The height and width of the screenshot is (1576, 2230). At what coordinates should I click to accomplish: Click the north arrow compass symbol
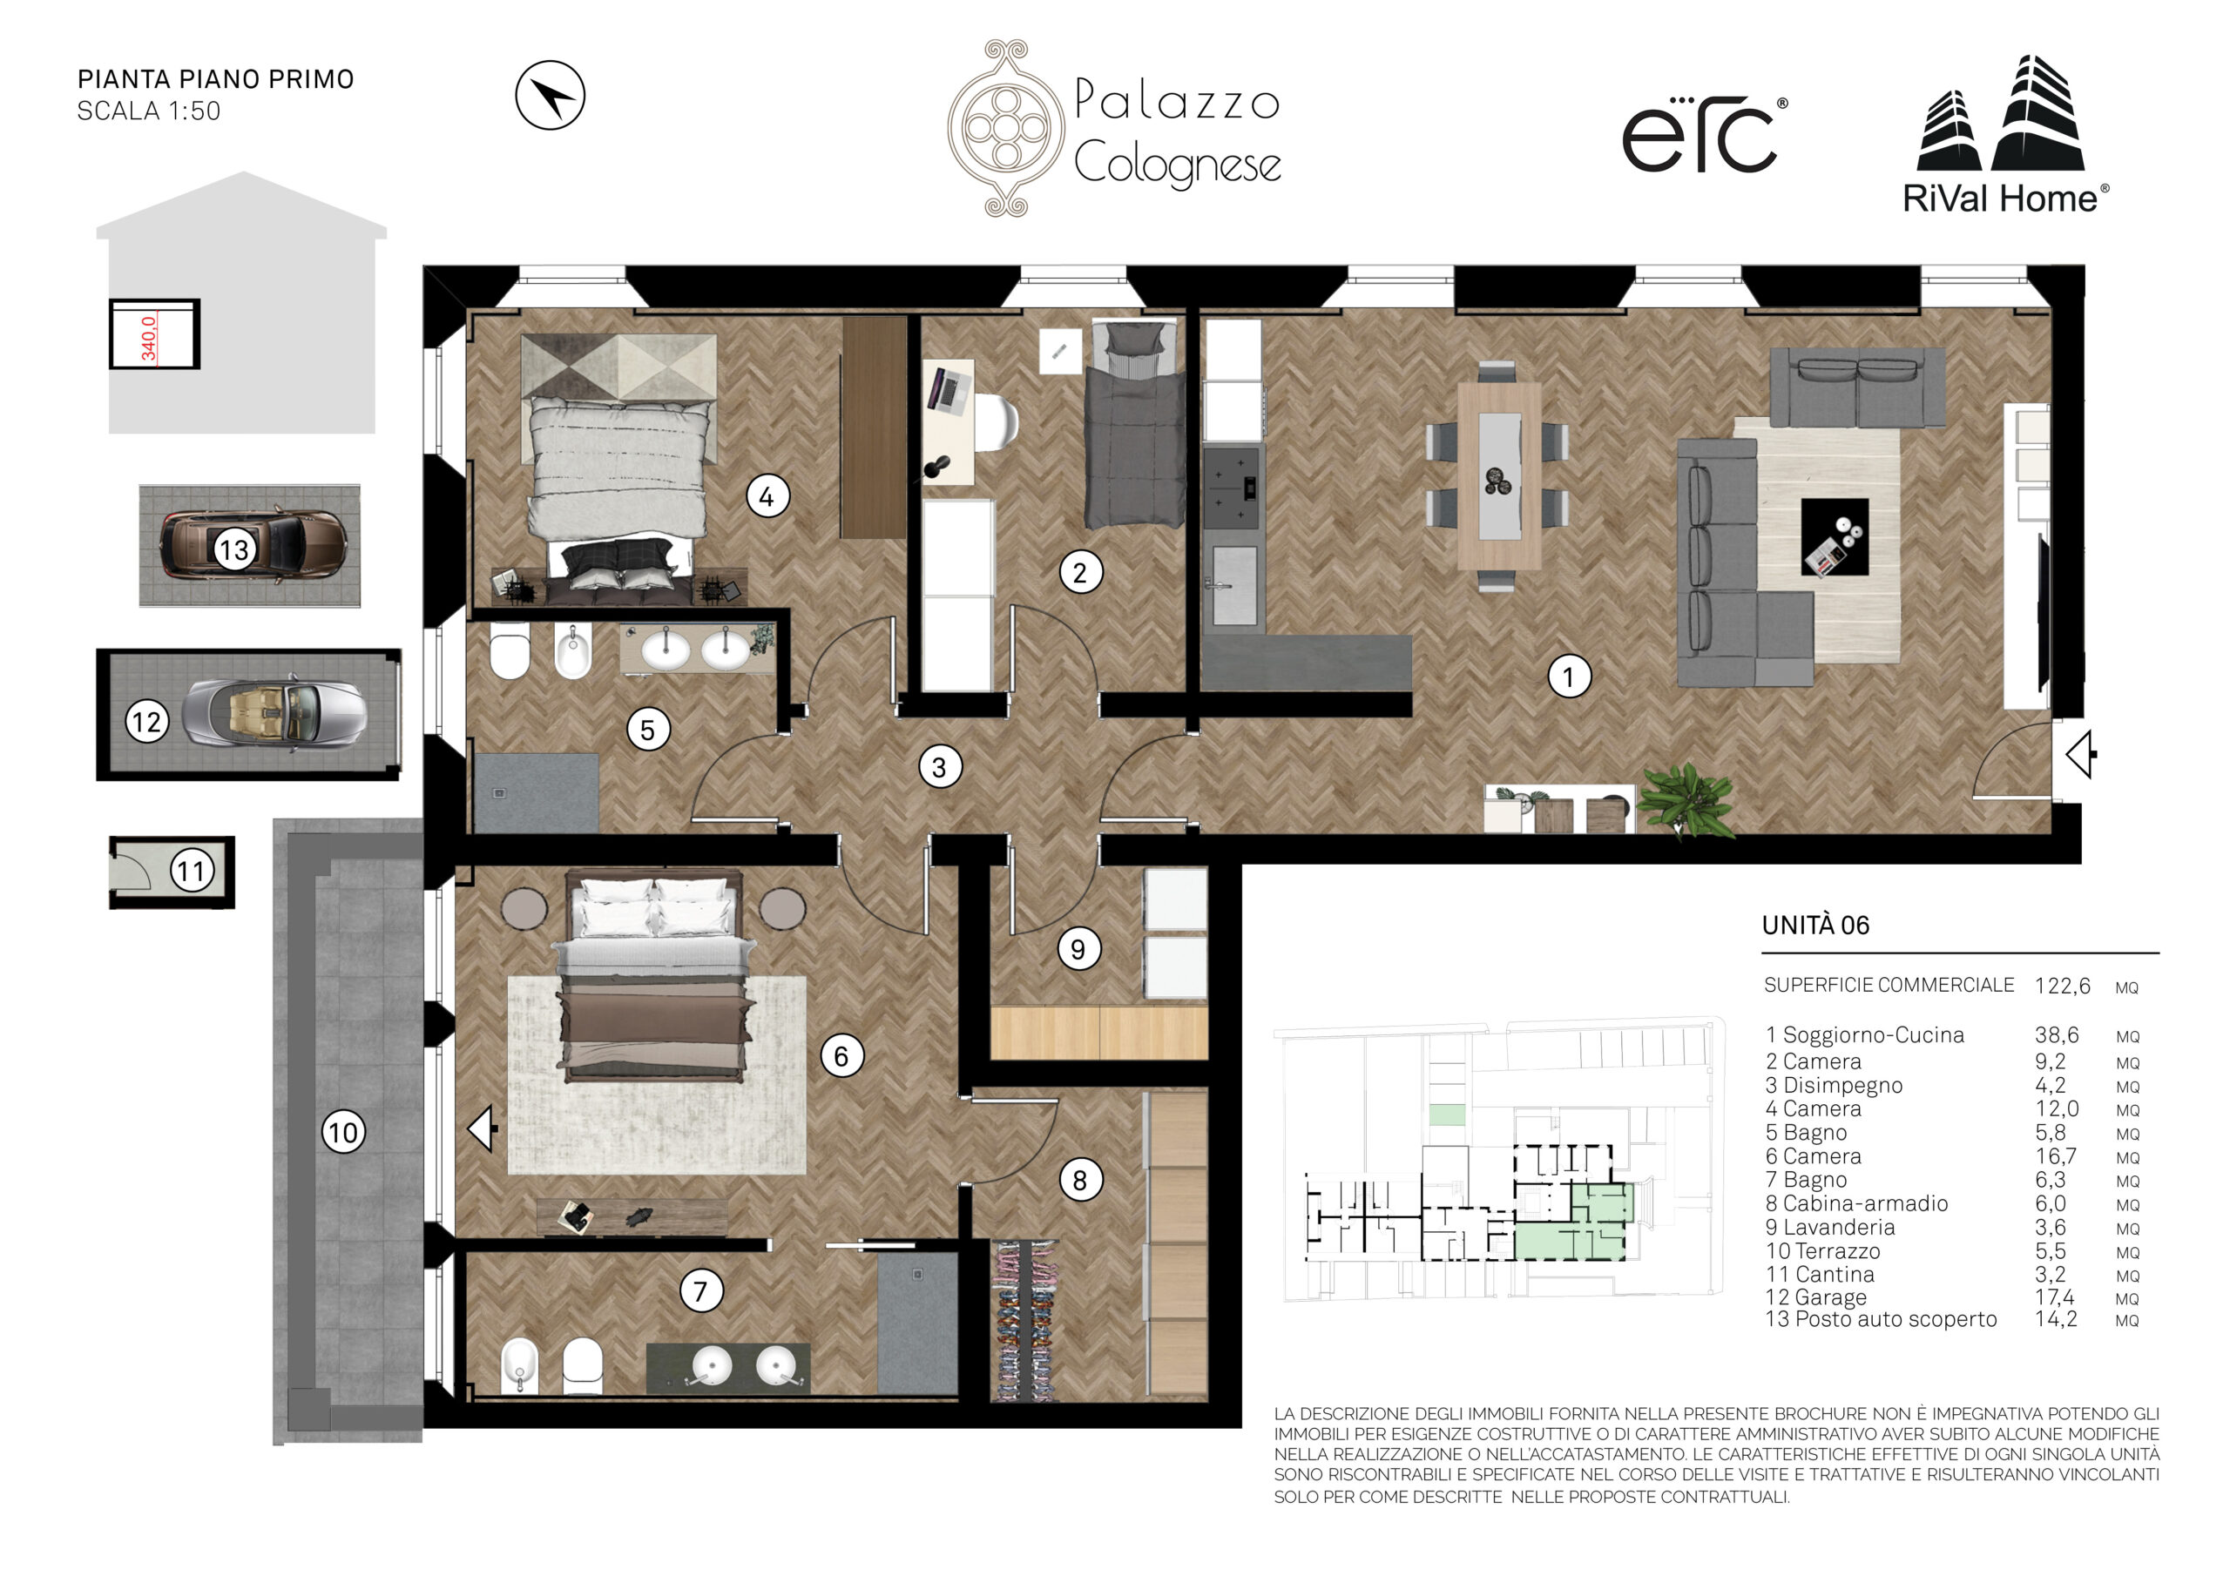[x=550, y=95]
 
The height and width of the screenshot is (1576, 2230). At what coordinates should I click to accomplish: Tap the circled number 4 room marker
[x=767, y=496]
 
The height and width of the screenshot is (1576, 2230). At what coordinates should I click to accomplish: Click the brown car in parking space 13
[x=253, y=548]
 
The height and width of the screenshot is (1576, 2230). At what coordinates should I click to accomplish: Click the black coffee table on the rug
[x=1835, y=537]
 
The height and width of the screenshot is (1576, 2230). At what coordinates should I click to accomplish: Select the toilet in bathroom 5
[x=509, y=650]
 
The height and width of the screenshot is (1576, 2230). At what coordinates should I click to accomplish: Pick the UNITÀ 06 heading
[x=1815, y=925]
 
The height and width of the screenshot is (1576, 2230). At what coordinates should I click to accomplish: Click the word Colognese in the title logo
[x=1177, y=163]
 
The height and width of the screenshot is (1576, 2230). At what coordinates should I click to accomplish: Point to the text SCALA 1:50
[x=149, y=111]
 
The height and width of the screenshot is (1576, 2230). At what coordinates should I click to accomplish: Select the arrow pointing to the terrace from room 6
[x=483, y=1129]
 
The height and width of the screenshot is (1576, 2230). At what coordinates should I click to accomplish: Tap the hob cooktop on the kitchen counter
[x=1231, y=488]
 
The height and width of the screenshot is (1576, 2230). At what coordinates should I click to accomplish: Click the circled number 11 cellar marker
[x=193, y=870]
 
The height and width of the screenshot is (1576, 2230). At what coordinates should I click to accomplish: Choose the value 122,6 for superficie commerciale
[x=2063, y=986]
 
